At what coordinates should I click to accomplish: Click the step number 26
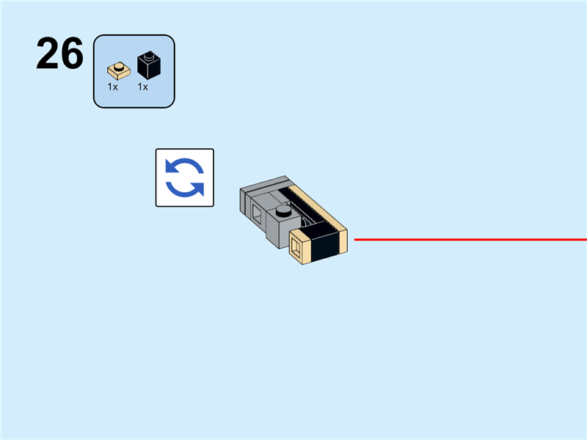point(59,54)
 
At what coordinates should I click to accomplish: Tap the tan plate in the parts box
point(117,71)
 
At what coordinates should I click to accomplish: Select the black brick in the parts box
point(149,66)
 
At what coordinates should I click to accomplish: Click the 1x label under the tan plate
point(113,87)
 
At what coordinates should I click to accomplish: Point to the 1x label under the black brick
point(143,87)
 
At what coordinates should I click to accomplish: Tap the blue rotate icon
point(184,177)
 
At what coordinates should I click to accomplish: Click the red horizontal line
point(470,239)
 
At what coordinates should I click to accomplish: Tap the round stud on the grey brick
point(282,212)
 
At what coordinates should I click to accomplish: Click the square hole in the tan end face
point(296,247)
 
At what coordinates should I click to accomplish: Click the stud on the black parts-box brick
point(149,55)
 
